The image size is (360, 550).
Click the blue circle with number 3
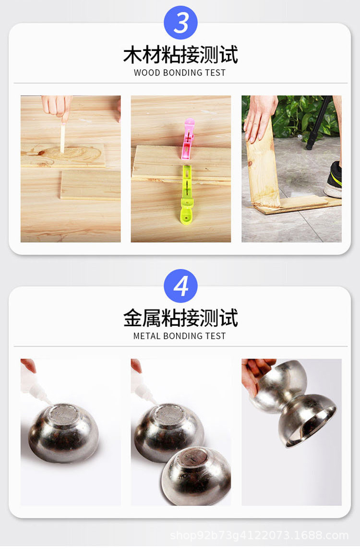point(180,23)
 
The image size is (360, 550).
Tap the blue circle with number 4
point(180,286)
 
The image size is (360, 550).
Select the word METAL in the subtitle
point(146,336)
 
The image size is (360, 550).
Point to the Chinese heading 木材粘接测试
point(180,55)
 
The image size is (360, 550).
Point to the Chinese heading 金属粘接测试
point(180,318)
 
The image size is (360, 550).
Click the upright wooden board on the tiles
point(263,168)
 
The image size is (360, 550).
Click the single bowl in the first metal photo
point(63,432)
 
